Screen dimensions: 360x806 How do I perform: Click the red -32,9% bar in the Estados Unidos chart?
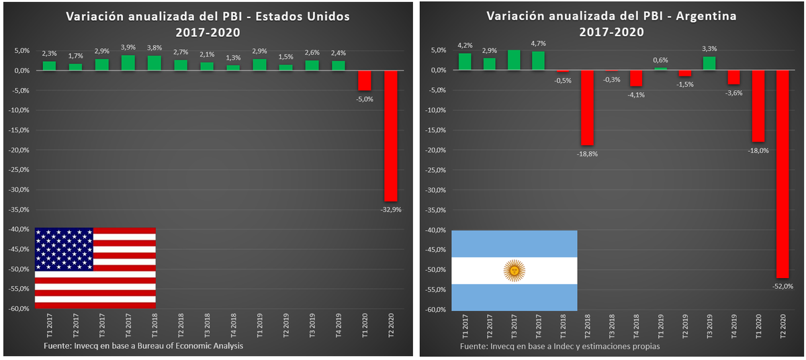tap(390, 135)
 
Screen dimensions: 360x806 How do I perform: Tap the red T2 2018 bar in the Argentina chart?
tap(587, 107)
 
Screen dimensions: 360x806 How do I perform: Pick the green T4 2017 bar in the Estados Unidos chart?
tap(128, 62)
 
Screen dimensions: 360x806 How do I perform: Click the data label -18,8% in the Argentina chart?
tap(588, 154)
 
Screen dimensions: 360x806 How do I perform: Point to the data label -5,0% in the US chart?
tap(364, 99)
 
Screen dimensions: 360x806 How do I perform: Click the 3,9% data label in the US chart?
tap(128, 47)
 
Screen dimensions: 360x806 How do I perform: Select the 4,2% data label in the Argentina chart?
tap(465, 46)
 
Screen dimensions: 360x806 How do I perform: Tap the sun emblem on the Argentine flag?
tap(514, 271)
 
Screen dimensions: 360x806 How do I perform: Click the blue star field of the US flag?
tap(64, 249)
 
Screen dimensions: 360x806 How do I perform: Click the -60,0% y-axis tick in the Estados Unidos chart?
tap(18, 309)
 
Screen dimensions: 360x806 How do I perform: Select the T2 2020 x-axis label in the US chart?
tap(391, 326)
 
